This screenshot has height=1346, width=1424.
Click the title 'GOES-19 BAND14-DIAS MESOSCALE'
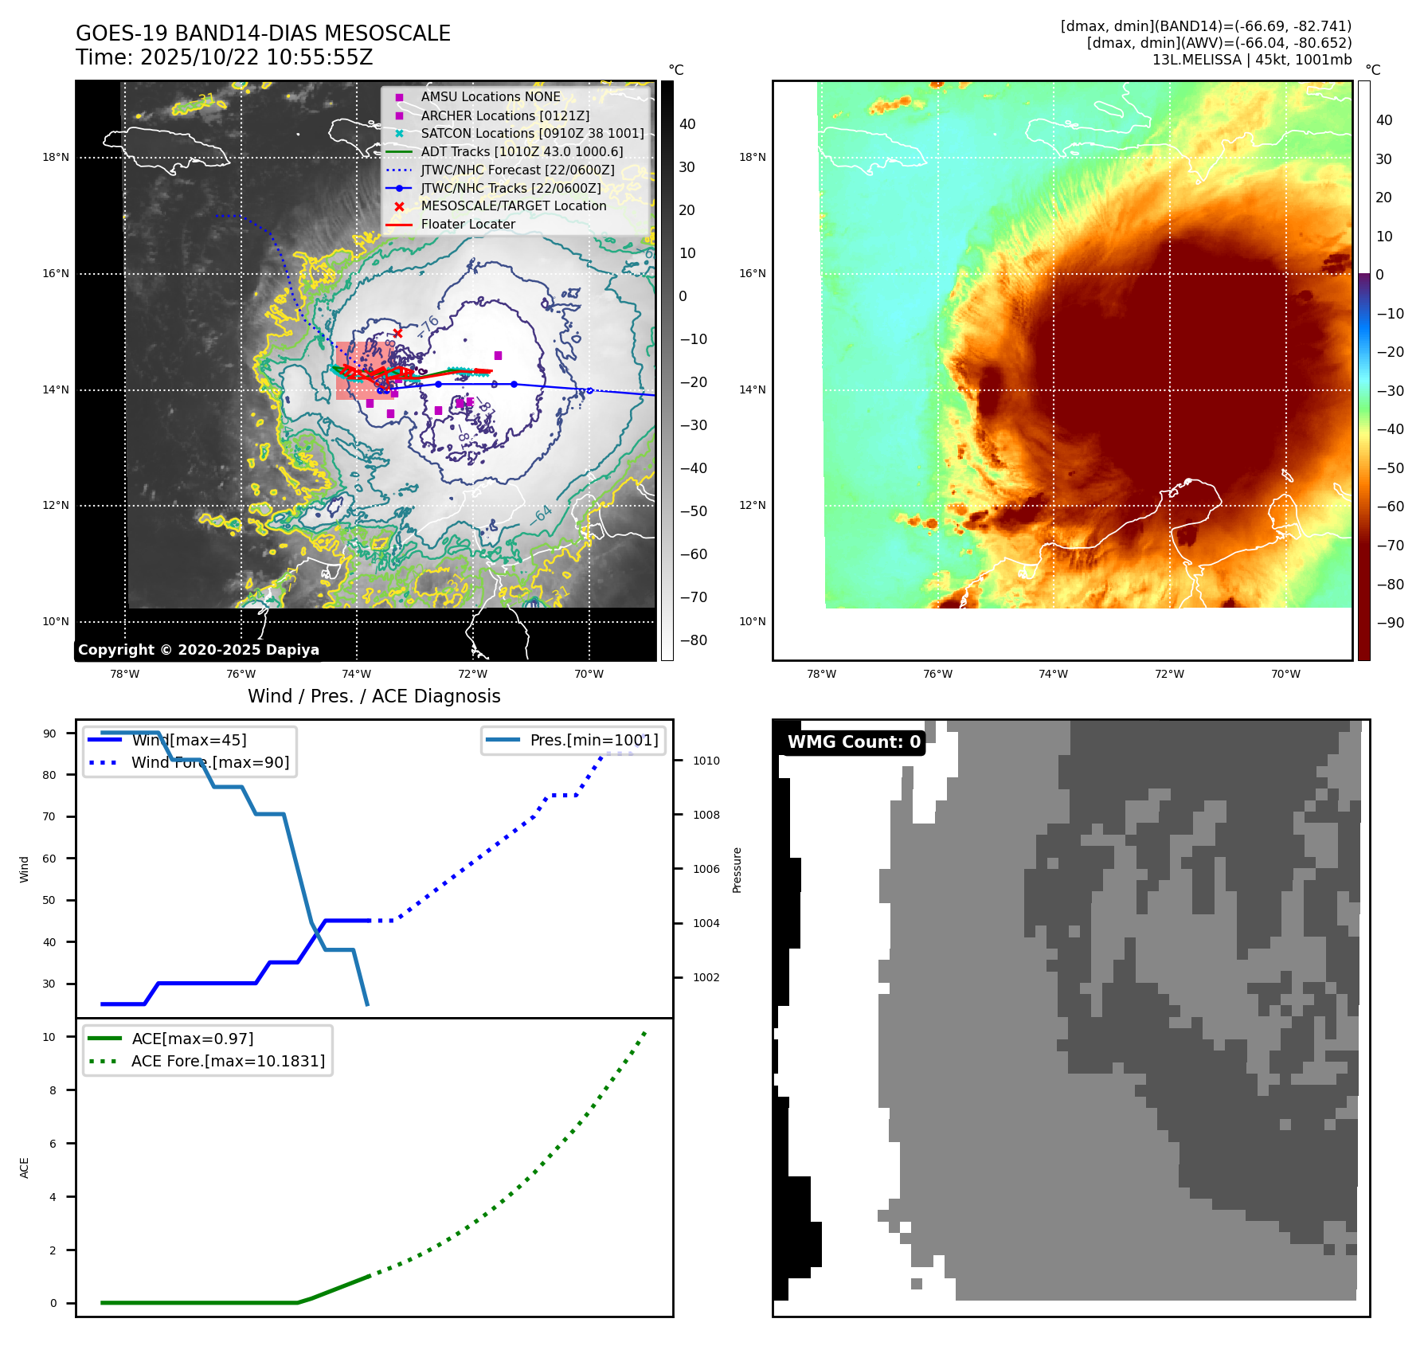tap(263, 33)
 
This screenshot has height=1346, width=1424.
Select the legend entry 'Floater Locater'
tap(467, 225)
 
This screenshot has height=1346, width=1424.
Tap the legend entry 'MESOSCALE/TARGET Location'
tap(513, 206)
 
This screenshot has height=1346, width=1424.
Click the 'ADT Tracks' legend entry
tap(522, 151)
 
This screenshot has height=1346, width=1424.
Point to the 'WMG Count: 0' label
tap(853, 742)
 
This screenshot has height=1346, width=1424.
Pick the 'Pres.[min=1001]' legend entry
tap(593, 741)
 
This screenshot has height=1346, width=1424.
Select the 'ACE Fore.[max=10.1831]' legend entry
tap(228, 1062)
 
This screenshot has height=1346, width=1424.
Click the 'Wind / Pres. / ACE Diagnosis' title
tap(374, 696)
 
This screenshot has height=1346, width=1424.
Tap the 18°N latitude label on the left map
tap(56, 158)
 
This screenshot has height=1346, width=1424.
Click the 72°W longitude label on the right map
tap(1169, 675)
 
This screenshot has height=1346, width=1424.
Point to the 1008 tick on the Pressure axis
tap(706, 815)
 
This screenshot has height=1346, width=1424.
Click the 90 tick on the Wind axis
tap(49, 734)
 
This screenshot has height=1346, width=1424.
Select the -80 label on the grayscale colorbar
tap(693, 640)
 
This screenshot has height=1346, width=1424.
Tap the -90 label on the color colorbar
tap(1391, 623)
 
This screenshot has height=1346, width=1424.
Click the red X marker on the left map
tap(397, 333)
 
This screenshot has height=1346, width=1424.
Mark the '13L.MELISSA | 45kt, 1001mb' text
tap(1251, 60)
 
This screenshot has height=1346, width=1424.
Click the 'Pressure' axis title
tap(737, 870)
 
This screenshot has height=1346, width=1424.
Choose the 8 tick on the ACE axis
tap(53, 1090)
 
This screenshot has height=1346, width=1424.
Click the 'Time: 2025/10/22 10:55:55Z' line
tap(225, 57)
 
